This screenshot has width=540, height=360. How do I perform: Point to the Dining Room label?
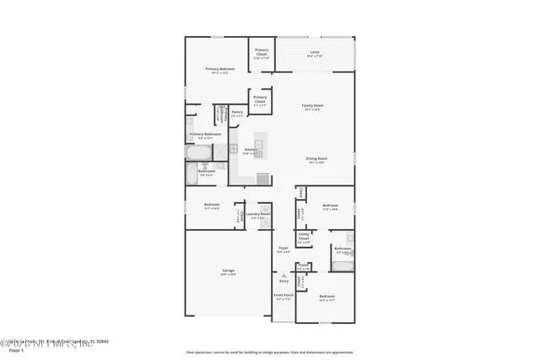pos(316,160)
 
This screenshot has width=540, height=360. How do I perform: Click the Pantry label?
pos(237,113)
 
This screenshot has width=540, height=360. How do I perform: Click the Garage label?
pos(228,271)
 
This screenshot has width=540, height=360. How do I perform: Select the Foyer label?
pos(284,250)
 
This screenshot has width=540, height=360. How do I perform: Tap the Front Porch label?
pos(283,297)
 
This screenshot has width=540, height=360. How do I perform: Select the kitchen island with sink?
pos(259,148)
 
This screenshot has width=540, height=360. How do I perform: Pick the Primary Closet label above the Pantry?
pos(260,100)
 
